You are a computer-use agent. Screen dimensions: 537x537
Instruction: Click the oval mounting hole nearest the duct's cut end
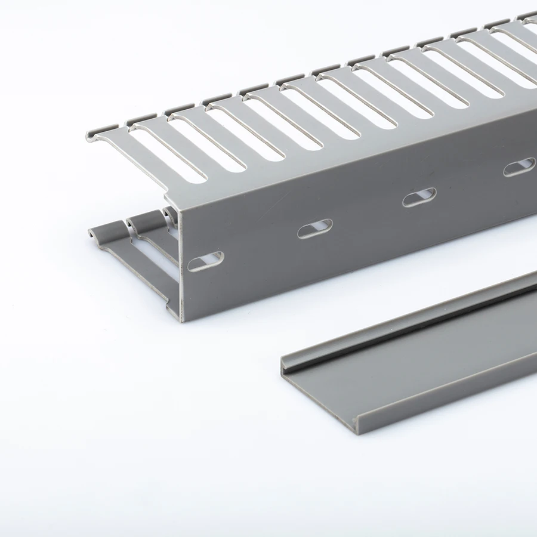pos(205,260)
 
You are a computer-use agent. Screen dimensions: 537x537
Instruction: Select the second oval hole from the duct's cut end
pos(314,229)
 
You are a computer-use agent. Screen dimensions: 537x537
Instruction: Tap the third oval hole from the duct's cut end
pos(419,197)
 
